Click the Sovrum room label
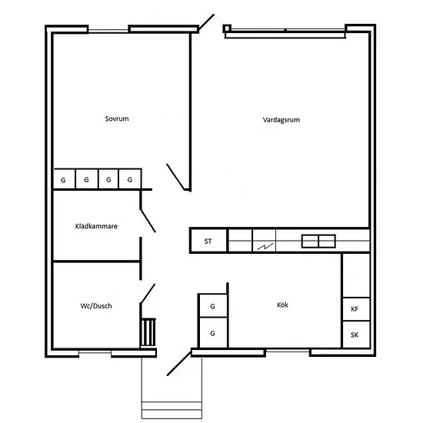pyautogui.click(x=117, y=118)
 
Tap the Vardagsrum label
pyautogui.click(x=281, y=120)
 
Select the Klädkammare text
pyautogui.click(x=96, y=226)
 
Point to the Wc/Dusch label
pyautogui.click(x=96, y=306)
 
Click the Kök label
pyautogui.click(x=282, y=305)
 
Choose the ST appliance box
pyautogui.click(x=208, y=241)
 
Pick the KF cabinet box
pyautogui.click(x=356, y=309)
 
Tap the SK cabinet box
pyautogui.click(x=356, y=335)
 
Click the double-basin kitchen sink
pyautogui.click(x=318, y=241)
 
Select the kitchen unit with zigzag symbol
pyautogui.click(x=264, y=241)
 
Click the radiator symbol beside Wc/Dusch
pyautogui.click(x=148, y=332)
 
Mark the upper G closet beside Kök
pyautogui.click(x=212, y=305)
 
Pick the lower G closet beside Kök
pyautogui.click(x=212, y=333)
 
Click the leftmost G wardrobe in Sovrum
pyautogui.click(x=64, y=179)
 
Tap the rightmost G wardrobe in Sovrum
pyautogui.click(x=130, y=179)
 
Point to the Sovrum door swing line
pyautogui.click(x=175, y=177)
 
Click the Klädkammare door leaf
pyautogui.click(x=148, y=221)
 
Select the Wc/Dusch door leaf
pyautogui.click(x=148, y=293)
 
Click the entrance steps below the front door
pyautogui.click(x=172, y=410)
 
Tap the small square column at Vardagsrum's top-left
pyautogui.click(x=227, y=28)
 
